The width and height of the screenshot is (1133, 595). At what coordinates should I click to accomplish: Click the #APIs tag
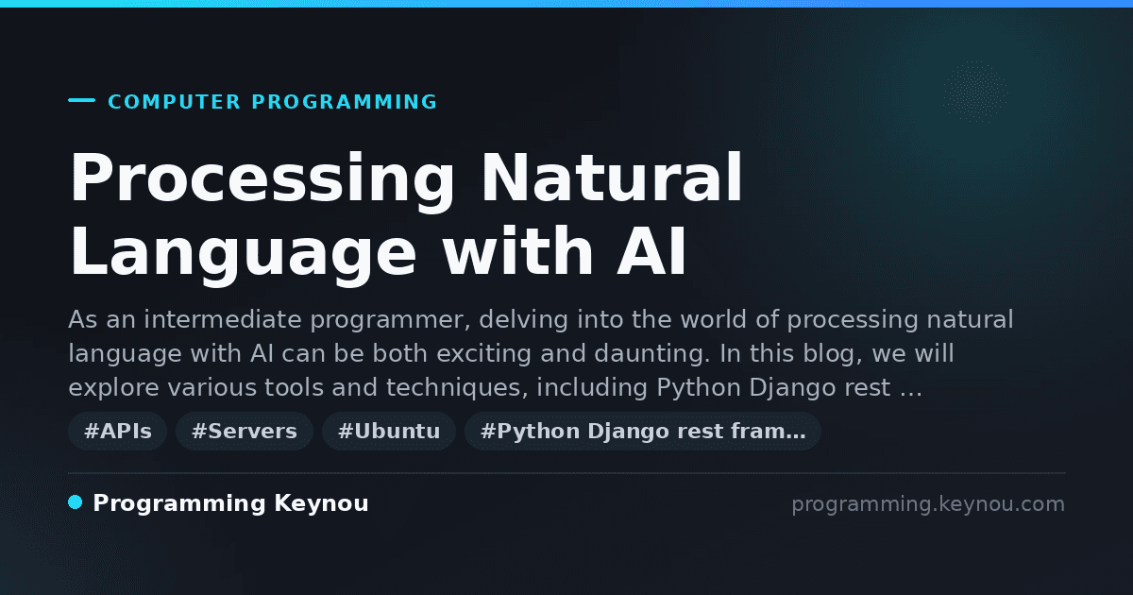click(117, 431)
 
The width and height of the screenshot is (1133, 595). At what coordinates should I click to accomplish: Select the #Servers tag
click(245, 431)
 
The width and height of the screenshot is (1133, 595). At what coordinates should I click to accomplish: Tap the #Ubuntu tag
click(389, 431)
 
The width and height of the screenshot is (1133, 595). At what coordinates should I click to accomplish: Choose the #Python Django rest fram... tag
click(643, 431)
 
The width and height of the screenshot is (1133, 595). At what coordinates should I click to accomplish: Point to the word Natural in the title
click(612, 178)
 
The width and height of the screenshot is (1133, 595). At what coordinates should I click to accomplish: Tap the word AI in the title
click(651, 251)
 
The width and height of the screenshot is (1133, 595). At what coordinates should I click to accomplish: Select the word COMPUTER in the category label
click(174, 102)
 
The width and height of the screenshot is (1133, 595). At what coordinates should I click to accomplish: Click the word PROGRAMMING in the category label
click(344, 102)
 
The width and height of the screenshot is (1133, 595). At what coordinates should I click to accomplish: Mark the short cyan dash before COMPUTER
click(81, 100)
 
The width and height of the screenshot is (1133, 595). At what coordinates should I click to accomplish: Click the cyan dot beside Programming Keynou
click(75, 502)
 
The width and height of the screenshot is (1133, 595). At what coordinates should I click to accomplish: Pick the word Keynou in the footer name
click(321, 504)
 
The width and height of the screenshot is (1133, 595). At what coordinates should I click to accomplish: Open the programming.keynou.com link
click(928, 504)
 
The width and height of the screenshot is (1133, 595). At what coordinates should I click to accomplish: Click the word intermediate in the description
click(223, 320)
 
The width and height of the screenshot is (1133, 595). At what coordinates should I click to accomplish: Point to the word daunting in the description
click(652, 354)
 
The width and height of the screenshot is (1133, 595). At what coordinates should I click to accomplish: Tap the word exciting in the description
click(483, 354)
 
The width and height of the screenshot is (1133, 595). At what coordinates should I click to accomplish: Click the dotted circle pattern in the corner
click(975, 92)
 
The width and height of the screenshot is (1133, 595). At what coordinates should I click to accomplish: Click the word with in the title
click(517, 251)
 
